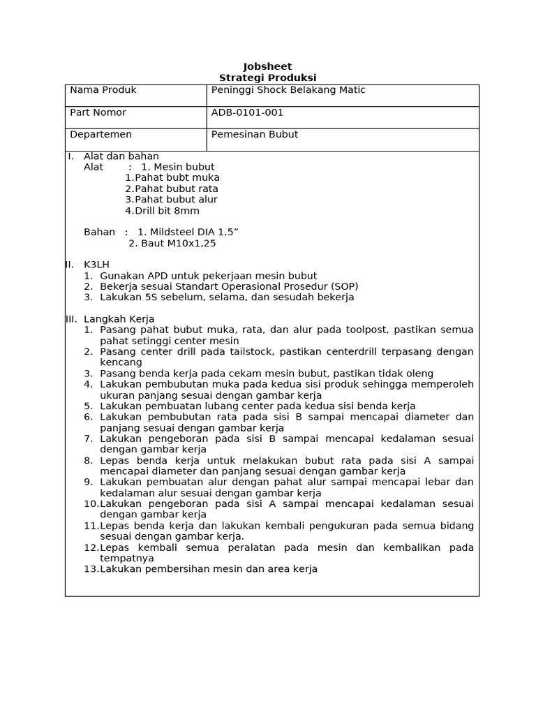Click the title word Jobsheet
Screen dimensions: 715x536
coord(267,66)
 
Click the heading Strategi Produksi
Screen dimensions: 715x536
coord(267,78)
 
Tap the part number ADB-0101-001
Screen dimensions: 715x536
coord(247,112)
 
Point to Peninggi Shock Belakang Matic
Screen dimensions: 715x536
coord(288,90)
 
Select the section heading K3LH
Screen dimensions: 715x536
coord(97,265)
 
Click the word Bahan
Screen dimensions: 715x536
coord(99,232)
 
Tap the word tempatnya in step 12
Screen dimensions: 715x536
coord(127,558)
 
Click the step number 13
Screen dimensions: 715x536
coord(90,569)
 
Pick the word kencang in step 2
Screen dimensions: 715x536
coord(121,362)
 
